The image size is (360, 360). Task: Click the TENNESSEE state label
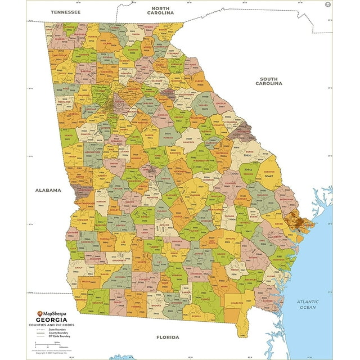(x=65, y=12)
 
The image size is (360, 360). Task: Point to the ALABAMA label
(x=48, y=190)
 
